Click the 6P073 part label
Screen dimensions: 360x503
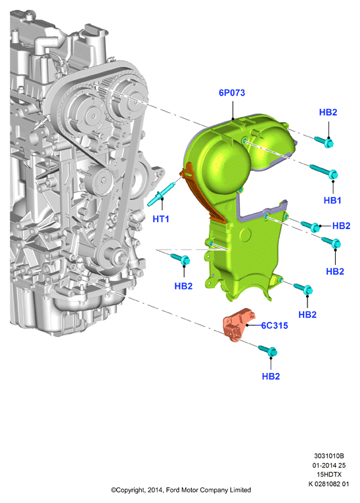pyautogui.click(x=232, y=93)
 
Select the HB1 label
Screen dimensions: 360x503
pyautogui.click(x=332, y=200)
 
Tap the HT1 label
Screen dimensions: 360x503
pyautogui.click(x=160, y=219)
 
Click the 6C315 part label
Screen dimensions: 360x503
pyautogui.click(x=275, y=326)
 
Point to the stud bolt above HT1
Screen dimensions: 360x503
pyautogui.click(x=161, y=194)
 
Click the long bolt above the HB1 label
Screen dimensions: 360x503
pyautogui.click(x=324, y=171)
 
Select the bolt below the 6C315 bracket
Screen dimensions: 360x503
pyautogui.click(x=267, y=351)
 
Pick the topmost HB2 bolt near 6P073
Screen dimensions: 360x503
pyautogui.click(x=325, y=141)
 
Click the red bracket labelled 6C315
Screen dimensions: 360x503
pyautogui.click(x=239, y=324)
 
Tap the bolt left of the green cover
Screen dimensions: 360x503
pyautogui.click(x=181, y=259)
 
